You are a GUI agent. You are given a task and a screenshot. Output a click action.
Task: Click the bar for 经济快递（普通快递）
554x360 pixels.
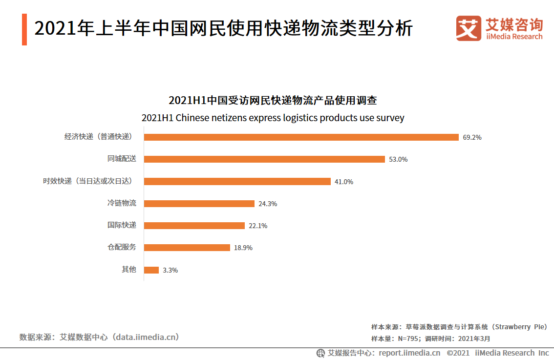301,137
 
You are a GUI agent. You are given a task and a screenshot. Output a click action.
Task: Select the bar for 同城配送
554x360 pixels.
265,159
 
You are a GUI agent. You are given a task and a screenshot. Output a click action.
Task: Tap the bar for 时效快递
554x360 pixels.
237,181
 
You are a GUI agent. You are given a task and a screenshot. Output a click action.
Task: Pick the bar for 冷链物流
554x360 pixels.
199,204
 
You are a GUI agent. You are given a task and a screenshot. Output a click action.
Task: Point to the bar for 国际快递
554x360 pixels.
194,226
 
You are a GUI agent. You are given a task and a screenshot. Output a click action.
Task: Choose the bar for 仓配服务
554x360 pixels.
187,248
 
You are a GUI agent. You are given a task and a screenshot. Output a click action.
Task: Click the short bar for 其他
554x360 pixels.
151,270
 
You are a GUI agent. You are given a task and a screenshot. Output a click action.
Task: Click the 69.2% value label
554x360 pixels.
472,137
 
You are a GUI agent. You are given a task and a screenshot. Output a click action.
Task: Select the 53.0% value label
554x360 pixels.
398,159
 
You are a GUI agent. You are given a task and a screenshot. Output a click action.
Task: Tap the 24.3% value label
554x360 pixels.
268,204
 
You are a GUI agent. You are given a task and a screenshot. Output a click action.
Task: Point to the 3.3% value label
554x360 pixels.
170,270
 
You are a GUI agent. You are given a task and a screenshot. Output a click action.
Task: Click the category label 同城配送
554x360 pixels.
122,159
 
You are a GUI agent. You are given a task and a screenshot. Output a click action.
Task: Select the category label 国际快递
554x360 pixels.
122,225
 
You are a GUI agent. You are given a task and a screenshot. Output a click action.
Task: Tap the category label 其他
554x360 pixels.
129,269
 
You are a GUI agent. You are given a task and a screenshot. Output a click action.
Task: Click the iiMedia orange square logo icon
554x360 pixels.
469,28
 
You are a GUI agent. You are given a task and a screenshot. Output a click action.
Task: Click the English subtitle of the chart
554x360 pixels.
273,118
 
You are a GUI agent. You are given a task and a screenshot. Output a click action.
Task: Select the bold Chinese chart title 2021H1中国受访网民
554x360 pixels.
273,101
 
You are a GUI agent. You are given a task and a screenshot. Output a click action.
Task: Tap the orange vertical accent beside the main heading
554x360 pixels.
24,29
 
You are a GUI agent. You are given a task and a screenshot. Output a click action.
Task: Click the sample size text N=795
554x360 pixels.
393,338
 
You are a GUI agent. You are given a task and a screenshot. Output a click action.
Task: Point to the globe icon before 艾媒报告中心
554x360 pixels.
320,353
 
